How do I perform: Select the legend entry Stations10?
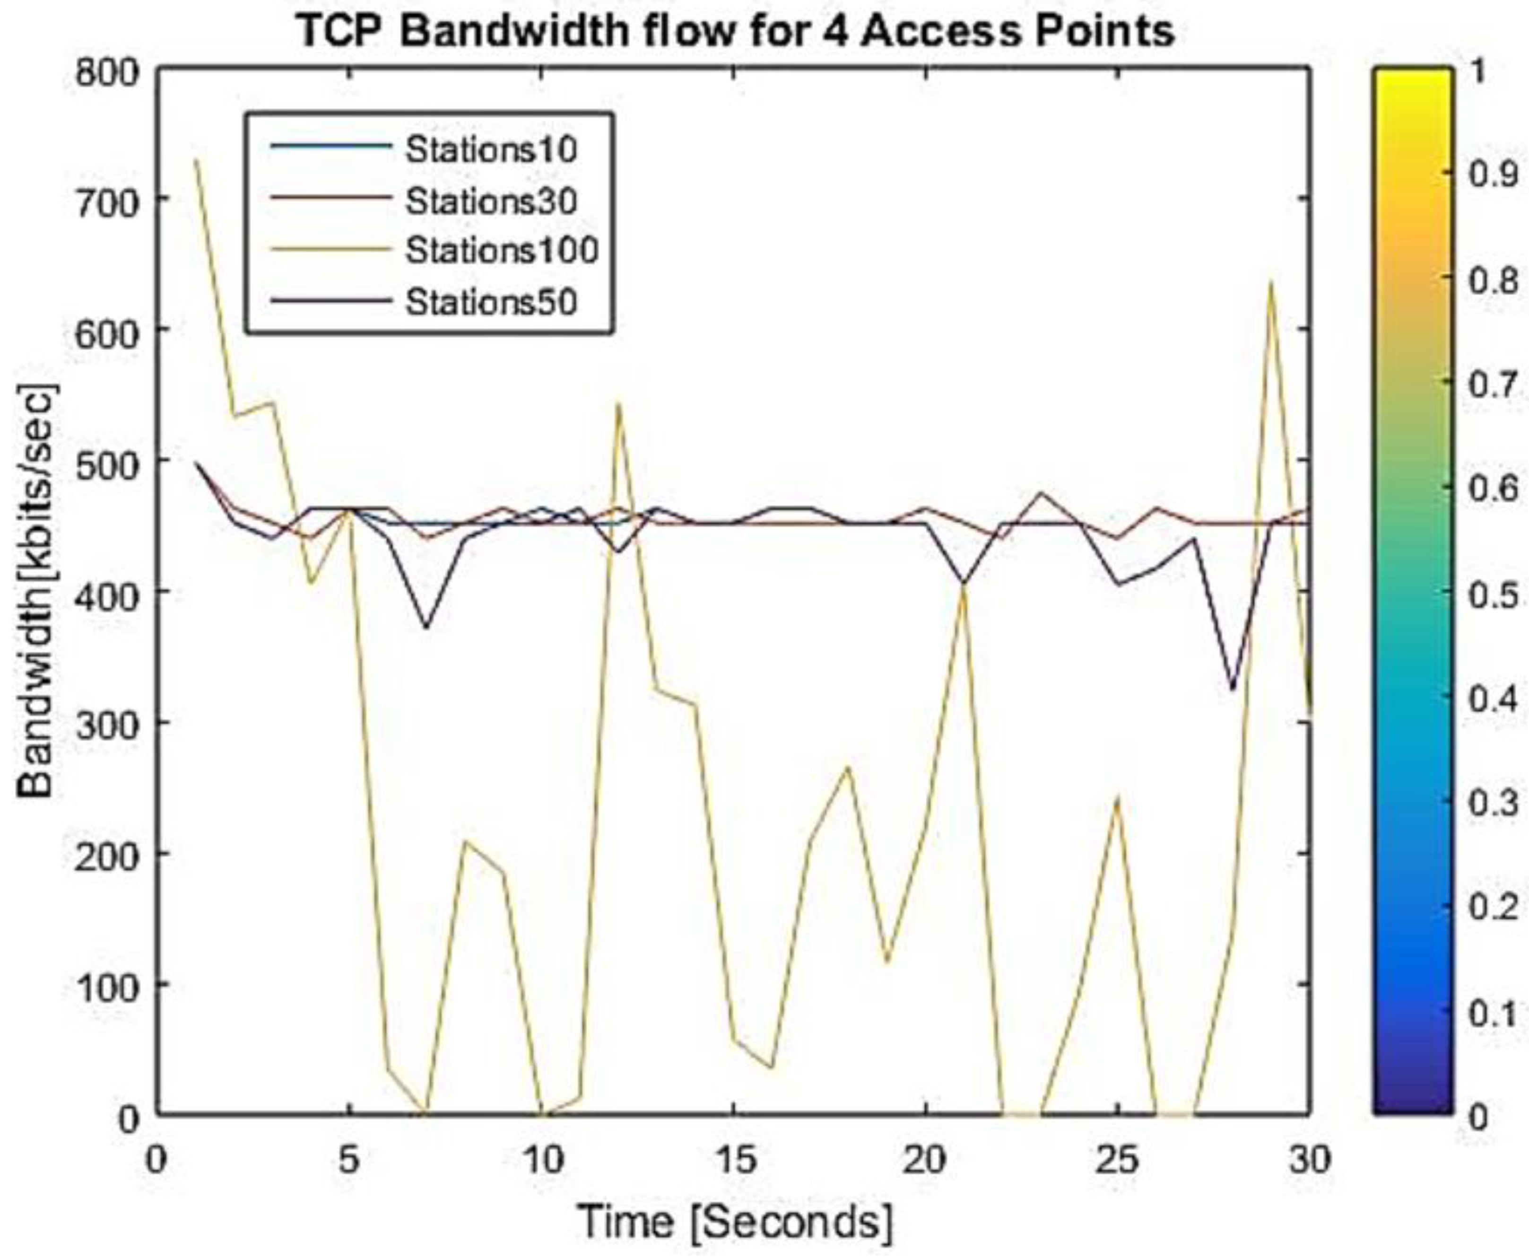click(x=491, y=149)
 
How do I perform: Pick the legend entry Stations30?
click(x=491, y=200)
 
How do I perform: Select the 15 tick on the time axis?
click(x=734, y=1160)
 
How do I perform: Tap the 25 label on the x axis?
click(x=1117, y=1160)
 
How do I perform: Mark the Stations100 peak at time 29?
click(x=1271, y=281)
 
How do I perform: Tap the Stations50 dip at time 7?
click(x=426, y=627)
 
